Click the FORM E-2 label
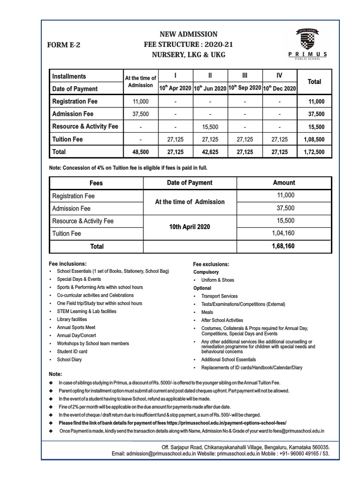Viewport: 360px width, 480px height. [x=64, y=45]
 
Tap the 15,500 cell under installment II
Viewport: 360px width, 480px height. [x=210, y=127]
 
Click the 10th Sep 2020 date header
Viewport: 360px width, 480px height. [x=244, y=88]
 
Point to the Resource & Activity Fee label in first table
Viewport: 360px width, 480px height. [x=85, y=127]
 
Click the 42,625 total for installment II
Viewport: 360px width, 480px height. [x=210, y=152]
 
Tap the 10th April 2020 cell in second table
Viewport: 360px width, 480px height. [x=189, y=226]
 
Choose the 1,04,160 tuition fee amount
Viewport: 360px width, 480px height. [x=284, y=233]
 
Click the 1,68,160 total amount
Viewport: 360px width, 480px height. [x=284, y=246]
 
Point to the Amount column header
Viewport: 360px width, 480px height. [x=284, y=183]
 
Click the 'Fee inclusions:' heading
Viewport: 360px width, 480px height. [x=67, y=263]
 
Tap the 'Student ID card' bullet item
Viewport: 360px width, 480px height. [x=72, y=351]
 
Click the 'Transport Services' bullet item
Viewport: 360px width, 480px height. [x=219, y=296]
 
